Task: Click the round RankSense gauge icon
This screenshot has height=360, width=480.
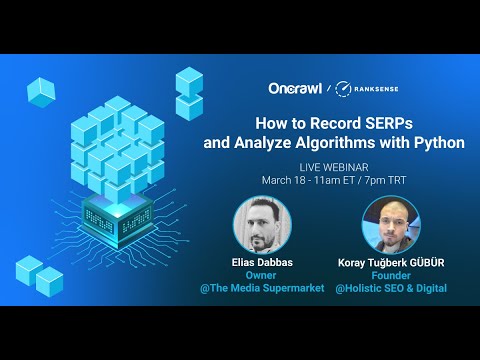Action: pos(343,89)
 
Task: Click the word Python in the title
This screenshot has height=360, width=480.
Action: pos(438,143)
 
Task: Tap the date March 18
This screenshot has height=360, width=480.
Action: pos(287,180)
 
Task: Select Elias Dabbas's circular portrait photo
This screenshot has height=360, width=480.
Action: pos(262,223)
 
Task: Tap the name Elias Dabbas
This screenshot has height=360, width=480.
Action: pos(262,262)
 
